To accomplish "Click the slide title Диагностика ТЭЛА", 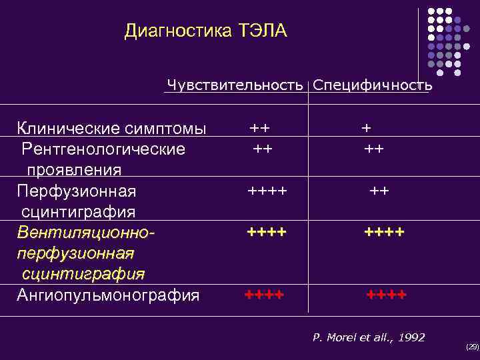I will tap(205, 31).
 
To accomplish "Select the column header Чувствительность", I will tap(235, 85).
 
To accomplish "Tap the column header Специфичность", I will tap(372, 85).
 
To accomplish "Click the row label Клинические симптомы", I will tap(111, 128).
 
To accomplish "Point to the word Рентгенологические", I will tap(103, 148).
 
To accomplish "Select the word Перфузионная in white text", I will tap(76, 191).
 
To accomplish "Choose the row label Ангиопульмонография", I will tap(108, 295).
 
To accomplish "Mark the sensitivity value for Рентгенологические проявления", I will tap(262, 148).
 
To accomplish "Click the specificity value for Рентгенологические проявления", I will tap(373, 148).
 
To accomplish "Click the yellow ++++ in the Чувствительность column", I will tap(267, 232).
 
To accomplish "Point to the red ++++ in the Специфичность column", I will tap(386, 294).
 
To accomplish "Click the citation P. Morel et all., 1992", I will tap(369, 337).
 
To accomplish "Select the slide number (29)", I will tap(472, 347).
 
